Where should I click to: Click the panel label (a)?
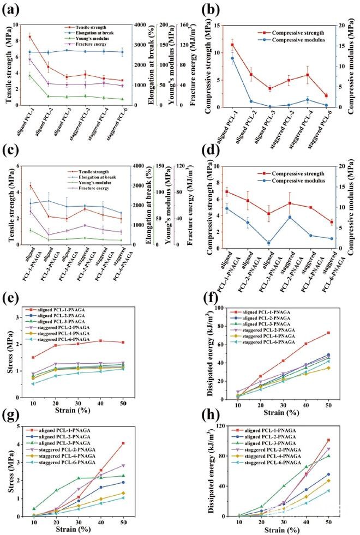pos(12,9)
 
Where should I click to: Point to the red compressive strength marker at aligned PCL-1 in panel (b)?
pos(232,45)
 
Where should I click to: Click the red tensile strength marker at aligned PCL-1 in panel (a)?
pos(29,37)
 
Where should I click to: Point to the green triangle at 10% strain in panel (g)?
pos(34,508)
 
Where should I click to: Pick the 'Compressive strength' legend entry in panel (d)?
pos(281,175)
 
